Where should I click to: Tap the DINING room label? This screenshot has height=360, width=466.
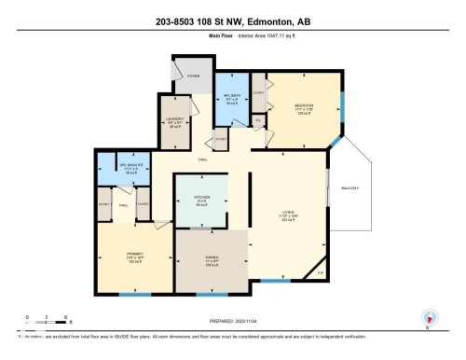[x=212, y=261]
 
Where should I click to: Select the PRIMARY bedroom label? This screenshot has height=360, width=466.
[x=134, y=253]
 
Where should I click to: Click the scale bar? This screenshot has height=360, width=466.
[x=40, y=324]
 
